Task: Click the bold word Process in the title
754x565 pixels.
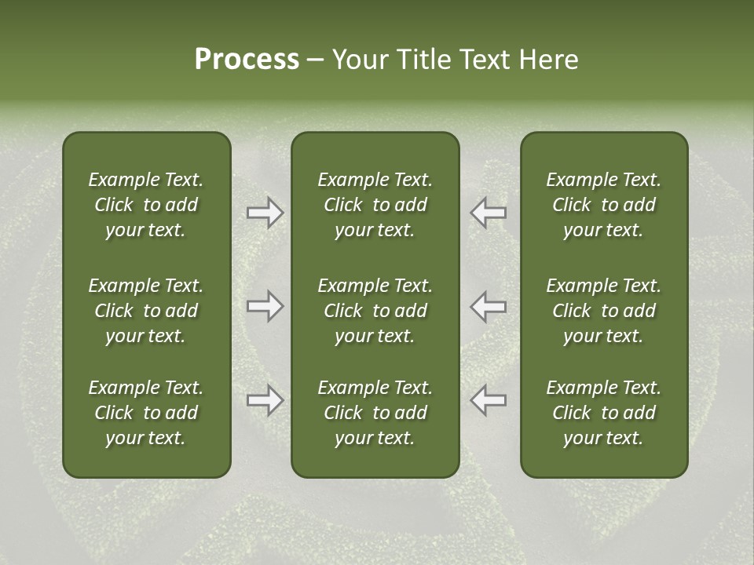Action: [x=247, y=60]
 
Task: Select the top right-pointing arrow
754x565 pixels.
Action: [x=265, y=213]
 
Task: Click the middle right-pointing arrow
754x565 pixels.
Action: [x=265, y=306]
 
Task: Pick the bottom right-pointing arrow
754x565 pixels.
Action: [x=265, y=400]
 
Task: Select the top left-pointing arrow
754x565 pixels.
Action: [x=488, y=213]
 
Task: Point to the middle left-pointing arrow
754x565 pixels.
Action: [x=488, y=306]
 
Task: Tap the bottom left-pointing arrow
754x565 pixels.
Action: [x=488, y=400]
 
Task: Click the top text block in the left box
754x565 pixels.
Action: [x=146, y=205]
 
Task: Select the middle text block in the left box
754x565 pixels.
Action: [x=146, y=311]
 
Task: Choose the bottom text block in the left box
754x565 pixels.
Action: [x=146, y=413]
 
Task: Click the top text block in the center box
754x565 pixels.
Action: [x=375, y=205]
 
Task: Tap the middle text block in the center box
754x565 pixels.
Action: [x=375, y=311]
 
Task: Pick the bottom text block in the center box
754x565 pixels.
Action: [x=375, y=413]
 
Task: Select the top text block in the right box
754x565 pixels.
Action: [x=603, y=205]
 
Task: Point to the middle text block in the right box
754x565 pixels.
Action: [x=603, y=311]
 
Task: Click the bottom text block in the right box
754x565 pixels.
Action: [x=603, y=413]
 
